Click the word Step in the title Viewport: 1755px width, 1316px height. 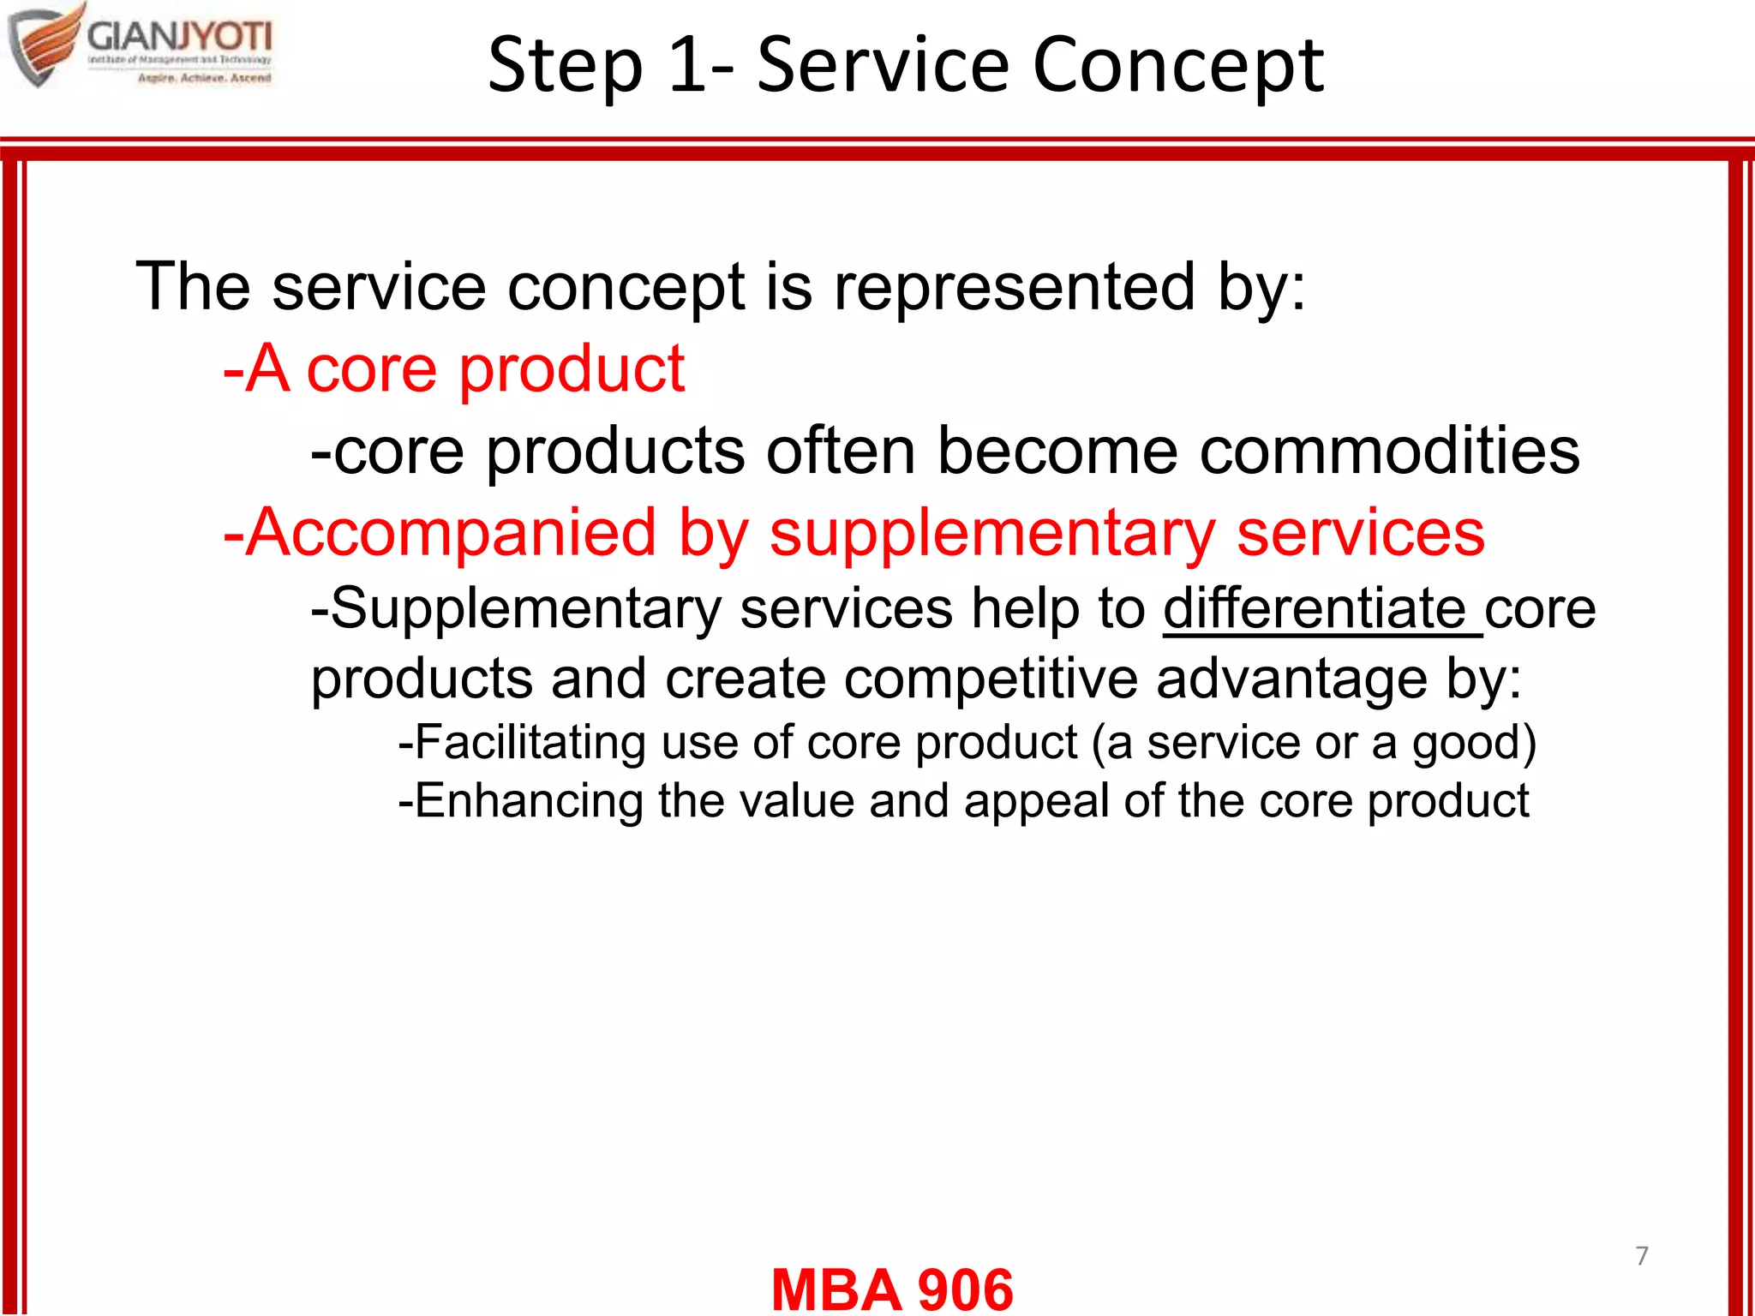pyautogui.click(x=566, y=67)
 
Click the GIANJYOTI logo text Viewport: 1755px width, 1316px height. pyautogui.click(x=180, y=37)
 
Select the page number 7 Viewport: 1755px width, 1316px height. pyautogui.click(x=1641, y=1255)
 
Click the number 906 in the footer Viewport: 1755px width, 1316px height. pyautogui.click(x=965, y=1289)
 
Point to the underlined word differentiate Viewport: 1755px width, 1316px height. pyautogui.click(x=1315, y=608)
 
